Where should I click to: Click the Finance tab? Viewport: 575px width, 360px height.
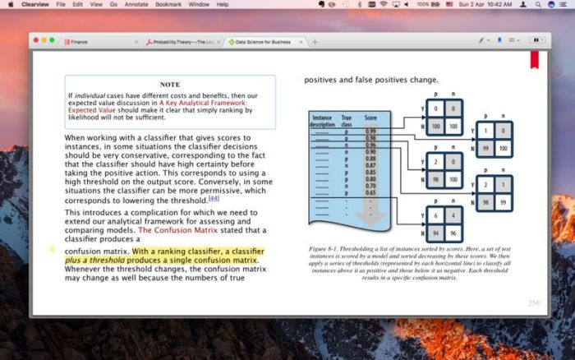click(x=80, y=41)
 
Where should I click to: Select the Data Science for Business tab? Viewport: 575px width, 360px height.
click(x=263, y=41)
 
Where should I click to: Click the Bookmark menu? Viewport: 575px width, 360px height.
click(x=168, y=4)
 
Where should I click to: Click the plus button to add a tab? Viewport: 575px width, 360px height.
click(x=315, y=41)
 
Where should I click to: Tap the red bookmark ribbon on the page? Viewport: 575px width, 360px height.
click(x=534, y=60)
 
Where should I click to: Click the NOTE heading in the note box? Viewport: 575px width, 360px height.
click(x=170, y=85)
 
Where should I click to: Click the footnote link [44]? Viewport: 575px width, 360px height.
click(x=214, y=198)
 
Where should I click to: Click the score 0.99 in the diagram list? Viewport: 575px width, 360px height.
click(x=370, y=132)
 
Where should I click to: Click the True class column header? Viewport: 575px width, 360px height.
click(x=347, y=122)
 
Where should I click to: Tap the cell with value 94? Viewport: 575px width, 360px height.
click(x=435, y=233)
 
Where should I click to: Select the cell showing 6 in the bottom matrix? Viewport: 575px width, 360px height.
click(x=435, y=215)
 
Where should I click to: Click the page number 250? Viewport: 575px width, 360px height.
click(x=533, y=302)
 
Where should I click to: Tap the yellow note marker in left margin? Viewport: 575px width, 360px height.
click(x=53, y=248)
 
